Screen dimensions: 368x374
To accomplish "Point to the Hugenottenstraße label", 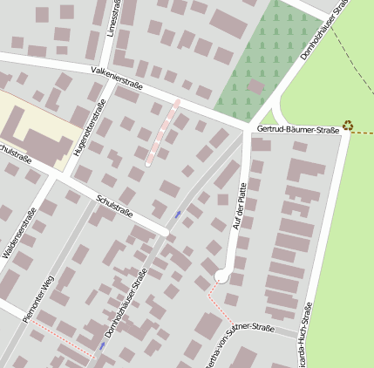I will click(x=90, y=128).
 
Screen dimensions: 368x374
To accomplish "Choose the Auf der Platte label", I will click(x=237, y=206).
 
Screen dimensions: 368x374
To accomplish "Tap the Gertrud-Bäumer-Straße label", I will click(x=298, y=130).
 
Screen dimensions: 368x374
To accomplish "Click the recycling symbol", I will click(x=348, y=126).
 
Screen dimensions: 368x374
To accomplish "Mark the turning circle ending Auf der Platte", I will click(x=221, y=276).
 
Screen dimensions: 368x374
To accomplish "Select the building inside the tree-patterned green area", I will click(x=255, y=86).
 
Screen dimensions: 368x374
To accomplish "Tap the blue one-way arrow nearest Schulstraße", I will click(x=179, y=214).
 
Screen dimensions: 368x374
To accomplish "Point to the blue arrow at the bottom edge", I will click(x=102, y=346).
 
